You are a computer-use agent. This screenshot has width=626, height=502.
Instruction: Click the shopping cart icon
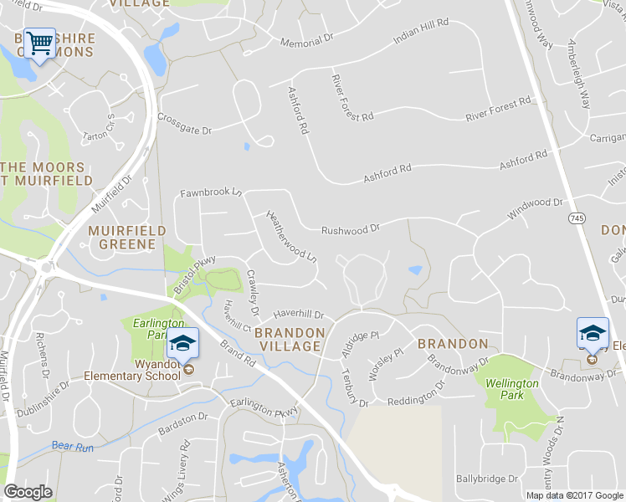coord(39,43)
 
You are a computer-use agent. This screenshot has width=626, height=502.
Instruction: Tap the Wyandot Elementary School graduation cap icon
coord(182,343)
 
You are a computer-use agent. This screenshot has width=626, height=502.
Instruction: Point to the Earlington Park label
coord(146,329)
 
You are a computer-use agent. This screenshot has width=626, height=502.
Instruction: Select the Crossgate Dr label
coord(184,125)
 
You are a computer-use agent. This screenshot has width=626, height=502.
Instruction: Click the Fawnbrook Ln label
coord(211,193)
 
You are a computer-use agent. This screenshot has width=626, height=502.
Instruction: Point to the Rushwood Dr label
coord(351,228)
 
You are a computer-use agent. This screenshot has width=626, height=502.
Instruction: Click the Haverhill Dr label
coord(297,315)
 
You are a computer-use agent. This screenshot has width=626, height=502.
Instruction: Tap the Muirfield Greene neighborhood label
coord(121,237)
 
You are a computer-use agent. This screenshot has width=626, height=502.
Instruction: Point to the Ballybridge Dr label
coord(487,479)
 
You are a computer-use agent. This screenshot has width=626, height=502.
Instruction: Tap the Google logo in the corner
coord(28,492)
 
